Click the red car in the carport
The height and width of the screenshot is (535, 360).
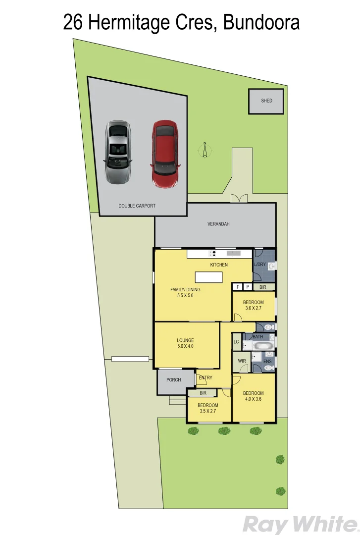(165, 154)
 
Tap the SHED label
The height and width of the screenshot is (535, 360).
(266, 101)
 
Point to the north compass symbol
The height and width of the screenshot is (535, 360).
(205, 149)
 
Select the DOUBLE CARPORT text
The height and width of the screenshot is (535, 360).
(137, 206)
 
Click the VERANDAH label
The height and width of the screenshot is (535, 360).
(218, 224)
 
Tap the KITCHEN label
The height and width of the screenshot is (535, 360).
(219, 265)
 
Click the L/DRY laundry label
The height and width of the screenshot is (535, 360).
(260, 265)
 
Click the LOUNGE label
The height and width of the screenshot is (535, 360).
(185, 340)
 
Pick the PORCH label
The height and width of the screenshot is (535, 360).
(173, 380)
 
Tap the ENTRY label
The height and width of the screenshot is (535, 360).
(205, 378)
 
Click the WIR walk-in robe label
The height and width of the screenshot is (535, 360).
(242, 361)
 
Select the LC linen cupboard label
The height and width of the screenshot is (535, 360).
(236, 342)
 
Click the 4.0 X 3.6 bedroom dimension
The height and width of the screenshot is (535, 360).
(253, 399)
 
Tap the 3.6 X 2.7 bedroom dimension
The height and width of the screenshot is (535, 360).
(253, 308)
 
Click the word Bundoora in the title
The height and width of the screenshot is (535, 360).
(261, 22)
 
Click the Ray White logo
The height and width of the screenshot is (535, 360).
(299, 524)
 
